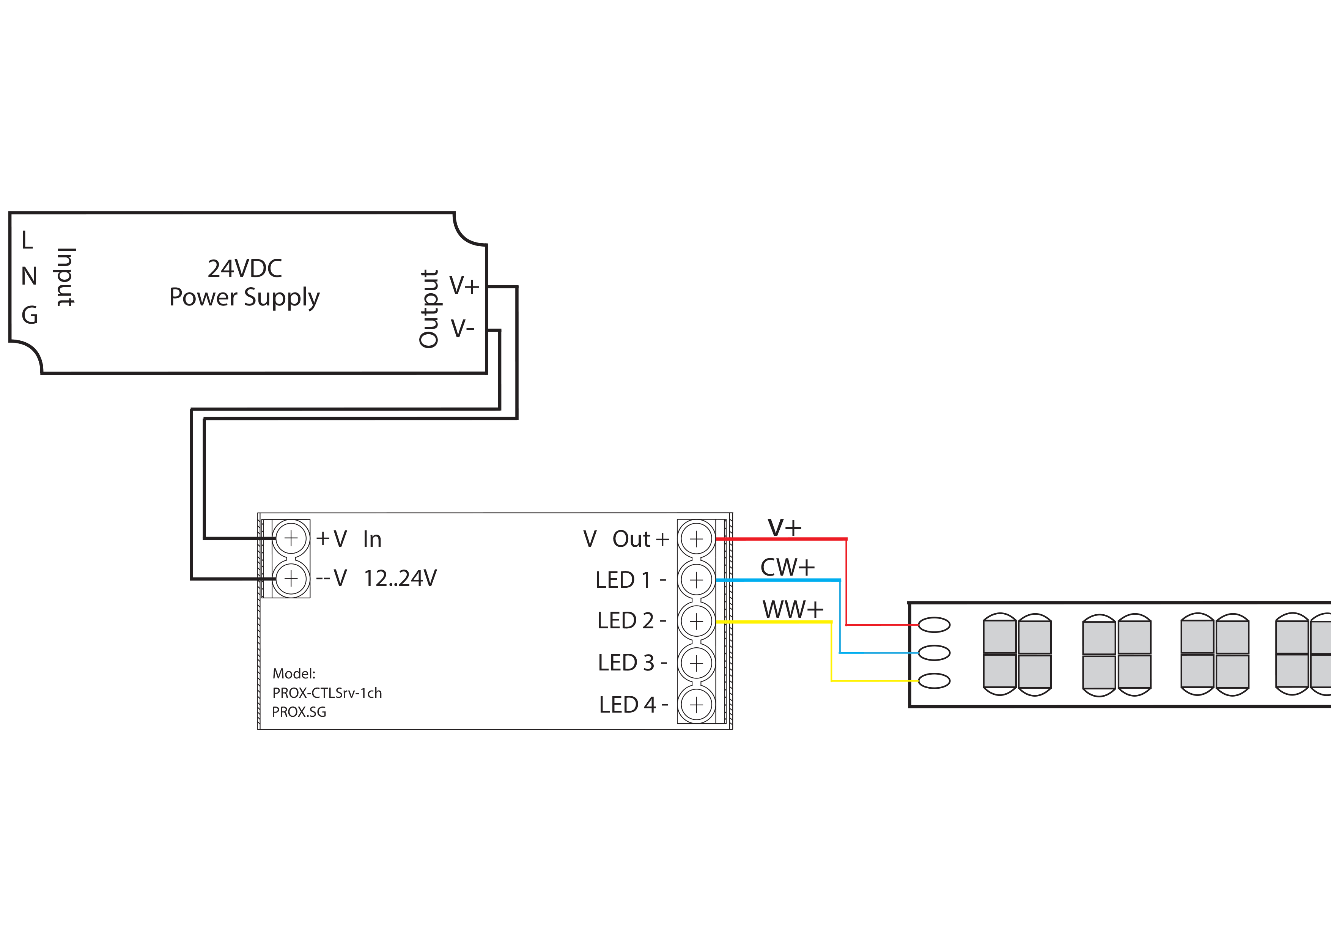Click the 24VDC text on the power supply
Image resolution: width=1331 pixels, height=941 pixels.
(x=245, y=268)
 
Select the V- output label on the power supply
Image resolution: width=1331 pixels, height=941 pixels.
(x=463, y=329)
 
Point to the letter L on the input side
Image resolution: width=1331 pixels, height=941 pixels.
(x=27, y=239)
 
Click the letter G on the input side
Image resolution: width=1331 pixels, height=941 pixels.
(x=30, y=315)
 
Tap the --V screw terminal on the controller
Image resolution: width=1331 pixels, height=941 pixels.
(x=291, y=579)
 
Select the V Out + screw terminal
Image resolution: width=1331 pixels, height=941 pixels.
(x=696, y=539)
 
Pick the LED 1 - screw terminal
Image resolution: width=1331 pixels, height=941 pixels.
(x=696, y=580)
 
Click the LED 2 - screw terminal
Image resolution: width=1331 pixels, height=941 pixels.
(x=696, y=622)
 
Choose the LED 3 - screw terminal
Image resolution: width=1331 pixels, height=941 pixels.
(x=696, y=663)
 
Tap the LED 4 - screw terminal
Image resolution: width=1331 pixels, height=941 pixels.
(x=696, y=705)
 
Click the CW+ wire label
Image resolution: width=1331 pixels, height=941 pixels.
(x=787, y=567)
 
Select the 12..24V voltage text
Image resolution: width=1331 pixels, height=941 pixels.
(x=400, y=578)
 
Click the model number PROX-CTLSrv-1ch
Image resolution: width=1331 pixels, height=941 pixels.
(x=327, y=693)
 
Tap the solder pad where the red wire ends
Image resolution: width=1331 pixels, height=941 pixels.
(x=934, y=625)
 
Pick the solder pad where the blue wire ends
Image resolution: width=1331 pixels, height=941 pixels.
(x=934, y=653)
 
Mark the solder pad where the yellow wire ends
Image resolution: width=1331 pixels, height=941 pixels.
(x=934, y=681)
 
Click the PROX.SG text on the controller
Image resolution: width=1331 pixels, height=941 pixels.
(x=299, y=712)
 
